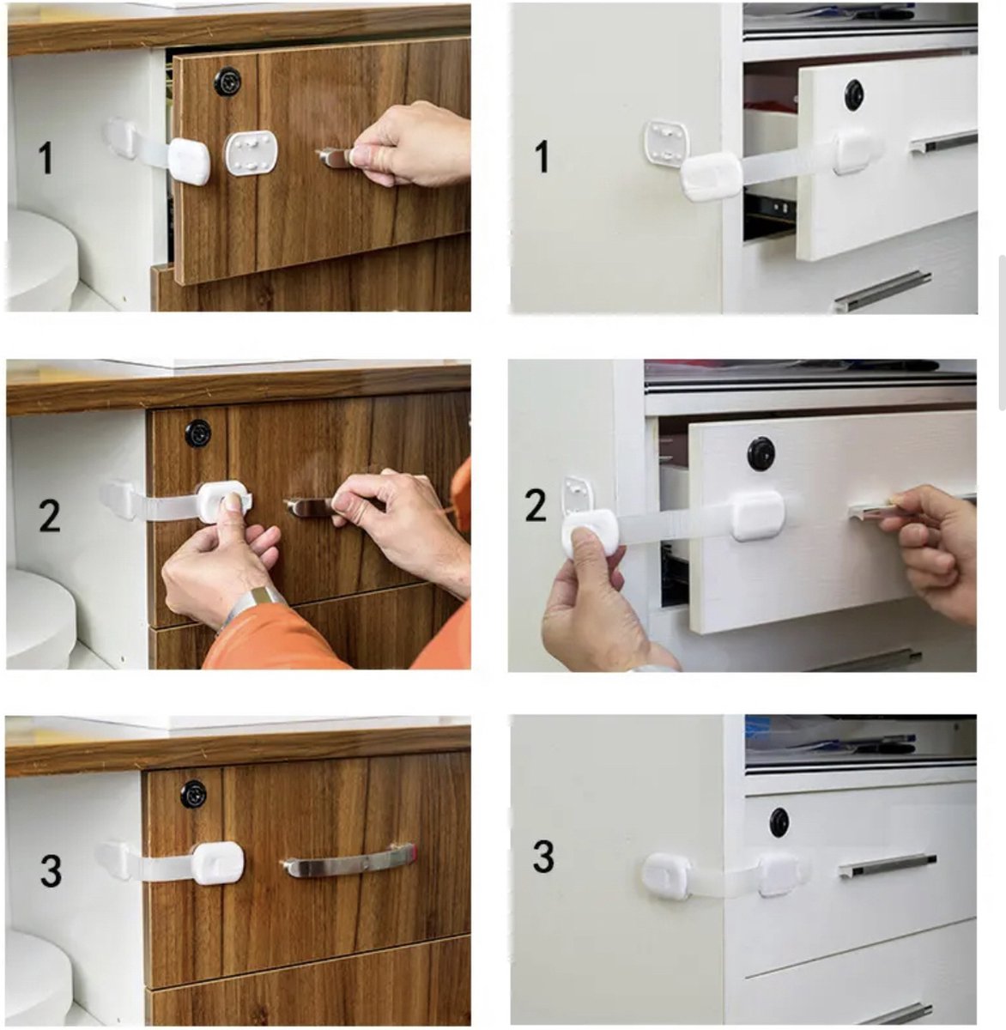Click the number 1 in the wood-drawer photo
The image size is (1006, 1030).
point(45,159)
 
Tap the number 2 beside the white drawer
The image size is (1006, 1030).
point(536,506)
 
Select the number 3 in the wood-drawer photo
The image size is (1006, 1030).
point(51,870)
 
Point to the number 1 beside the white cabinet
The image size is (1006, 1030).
point(542,158)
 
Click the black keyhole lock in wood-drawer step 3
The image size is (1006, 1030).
point(193,794)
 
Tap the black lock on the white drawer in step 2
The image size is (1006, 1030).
point(761,453)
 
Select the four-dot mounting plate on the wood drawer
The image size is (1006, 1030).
point(251,153)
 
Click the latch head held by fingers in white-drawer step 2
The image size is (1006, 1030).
point(590,531)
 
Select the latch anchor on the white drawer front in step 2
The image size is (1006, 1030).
point(756,515)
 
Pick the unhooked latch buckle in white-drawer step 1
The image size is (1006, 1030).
point(712,175)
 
